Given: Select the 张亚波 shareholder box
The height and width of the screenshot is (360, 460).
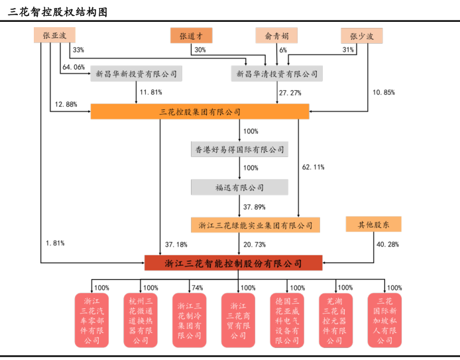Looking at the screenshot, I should [x=54, y=36].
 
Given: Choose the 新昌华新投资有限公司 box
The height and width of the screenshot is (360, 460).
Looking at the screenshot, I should [x=136, y=74].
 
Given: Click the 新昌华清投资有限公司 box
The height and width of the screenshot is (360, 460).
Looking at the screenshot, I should [x=277, y=74].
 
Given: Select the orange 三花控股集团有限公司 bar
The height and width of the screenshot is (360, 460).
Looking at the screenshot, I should [x=200, y=111].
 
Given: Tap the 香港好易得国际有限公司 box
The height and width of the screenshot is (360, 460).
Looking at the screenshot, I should [x=239, y=149].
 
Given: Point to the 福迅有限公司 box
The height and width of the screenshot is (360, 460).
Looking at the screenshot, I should [x=239, y=188].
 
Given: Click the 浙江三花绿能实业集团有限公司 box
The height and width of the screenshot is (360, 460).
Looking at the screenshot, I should [x=255, y=225].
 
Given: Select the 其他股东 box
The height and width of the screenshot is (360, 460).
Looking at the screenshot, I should [x=373, y=224].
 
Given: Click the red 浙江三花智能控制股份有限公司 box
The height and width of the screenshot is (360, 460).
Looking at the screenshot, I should [x=233, y=263].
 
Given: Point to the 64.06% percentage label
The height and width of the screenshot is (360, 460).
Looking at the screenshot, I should [x=73, y=67].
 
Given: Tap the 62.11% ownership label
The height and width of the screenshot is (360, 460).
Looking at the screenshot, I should [x=313, y=167].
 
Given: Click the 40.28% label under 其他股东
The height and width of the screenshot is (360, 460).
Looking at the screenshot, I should [x=388, y=244].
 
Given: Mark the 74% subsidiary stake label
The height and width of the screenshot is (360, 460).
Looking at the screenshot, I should [x=196, y=288].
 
